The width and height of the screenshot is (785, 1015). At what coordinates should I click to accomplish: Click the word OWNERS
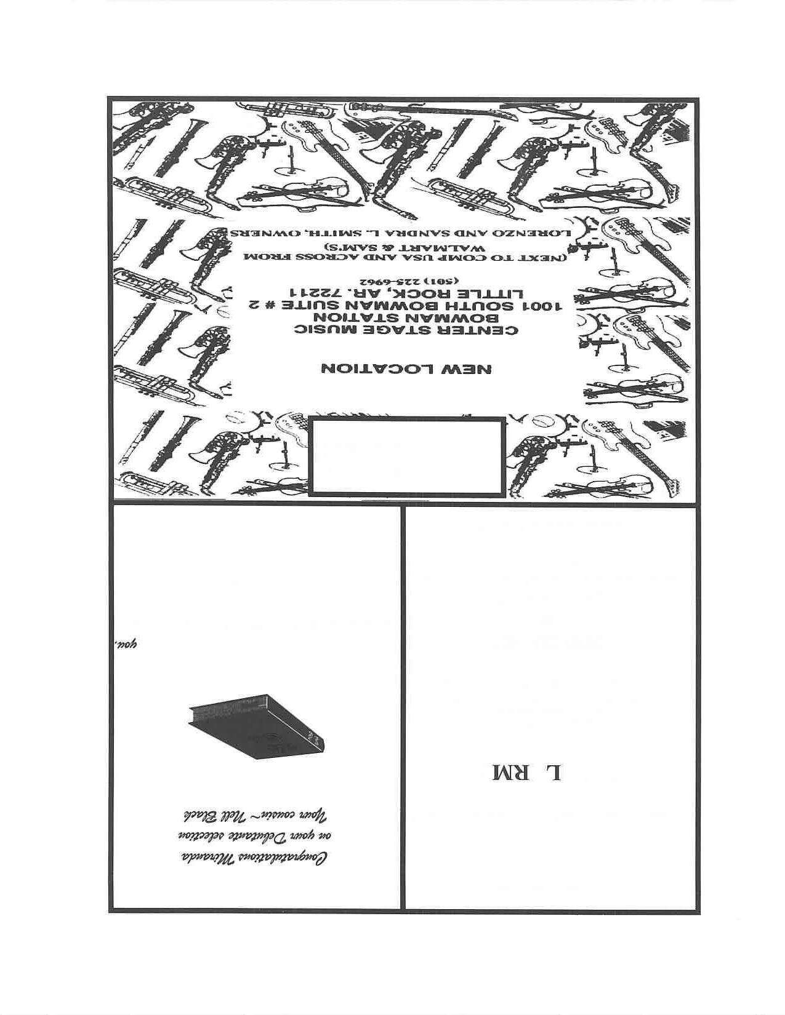pos(260,234)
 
